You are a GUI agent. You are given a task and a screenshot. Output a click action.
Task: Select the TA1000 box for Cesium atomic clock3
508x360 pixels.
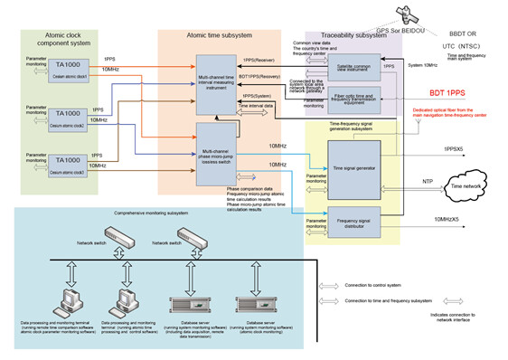(69, 168)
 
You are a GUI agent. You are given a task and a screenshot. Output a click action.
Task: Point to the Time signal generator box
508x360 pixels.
(355, 166)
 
